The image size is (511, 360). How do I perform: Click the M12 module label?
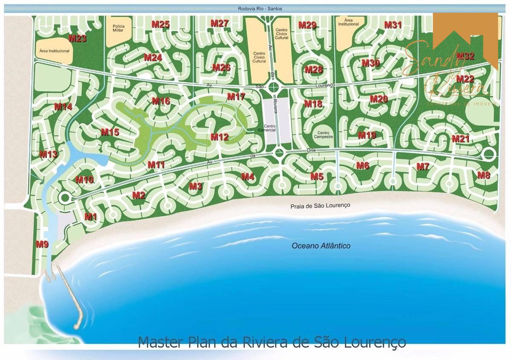(220, 137)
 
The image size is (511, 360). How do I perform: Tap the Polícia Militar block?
(118, 29)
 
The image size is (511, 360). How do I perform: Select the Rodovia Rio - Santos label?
(261, 9)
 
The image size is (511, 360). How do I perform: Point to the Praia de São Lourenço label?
(320, 205)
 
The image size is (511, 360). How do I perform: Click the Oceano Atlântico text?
(321, 246)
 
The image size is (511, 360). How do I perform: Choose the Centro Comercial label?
(270, 128)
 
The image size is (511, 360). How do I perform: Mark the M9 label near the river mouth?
(42, 245)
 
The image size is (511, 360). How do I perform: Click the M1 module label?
(91, 217)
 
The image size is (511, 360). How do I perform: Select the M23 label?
(78, 39)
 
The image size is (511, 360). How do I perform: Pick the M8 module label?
(484, 175)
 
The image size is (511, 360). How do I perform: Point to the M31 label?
(393, 25)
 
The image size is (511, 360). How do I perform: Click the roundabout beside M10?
(65, 197)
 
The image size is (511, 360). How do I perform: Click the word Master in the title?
(160, 342)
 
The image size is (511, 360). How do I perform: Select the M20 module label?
(379, 99)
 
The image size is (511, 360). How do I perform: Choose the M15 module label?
(110, 132)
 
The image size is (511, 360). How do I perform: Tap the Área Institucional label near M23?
(54, 51)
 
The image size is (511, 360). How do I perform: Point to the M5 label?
(317, 176)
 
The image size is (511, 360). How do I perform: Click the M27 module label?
(220, 24)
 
